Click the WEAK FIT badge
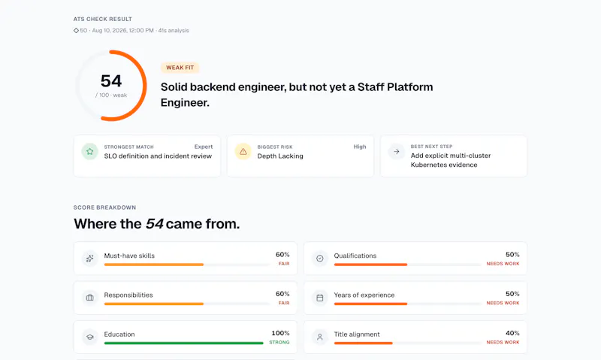coord(180,68)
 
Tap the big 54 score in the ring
coord(111,81)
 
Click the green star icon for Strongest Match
coord(89,151)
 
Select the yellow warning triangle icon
coord(243,151)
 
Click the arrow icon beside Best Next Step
coord(397,151)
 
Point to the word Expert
coord(204,147)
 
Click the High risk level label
coord(360,147)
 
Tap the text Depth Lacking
coord(280,156)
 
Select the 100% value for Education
coord(280,333)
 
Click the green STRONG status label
coord(279,343)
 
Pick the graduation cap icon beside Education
coord(89,337)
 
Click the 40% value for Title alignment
coord(512,333)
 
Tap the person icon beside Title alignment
coord(320,337)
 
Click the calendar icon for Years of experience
coord(320,298)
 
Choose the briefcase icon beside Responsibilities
coord(89,298)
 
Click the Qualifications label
coord(355,256)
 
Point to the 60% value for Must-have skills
coord(282,255)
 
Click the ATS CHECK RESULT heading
coord(103,20)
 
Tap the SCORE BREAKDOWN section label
coord(104,207)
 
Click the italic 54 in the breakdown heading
coord(155,224)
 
